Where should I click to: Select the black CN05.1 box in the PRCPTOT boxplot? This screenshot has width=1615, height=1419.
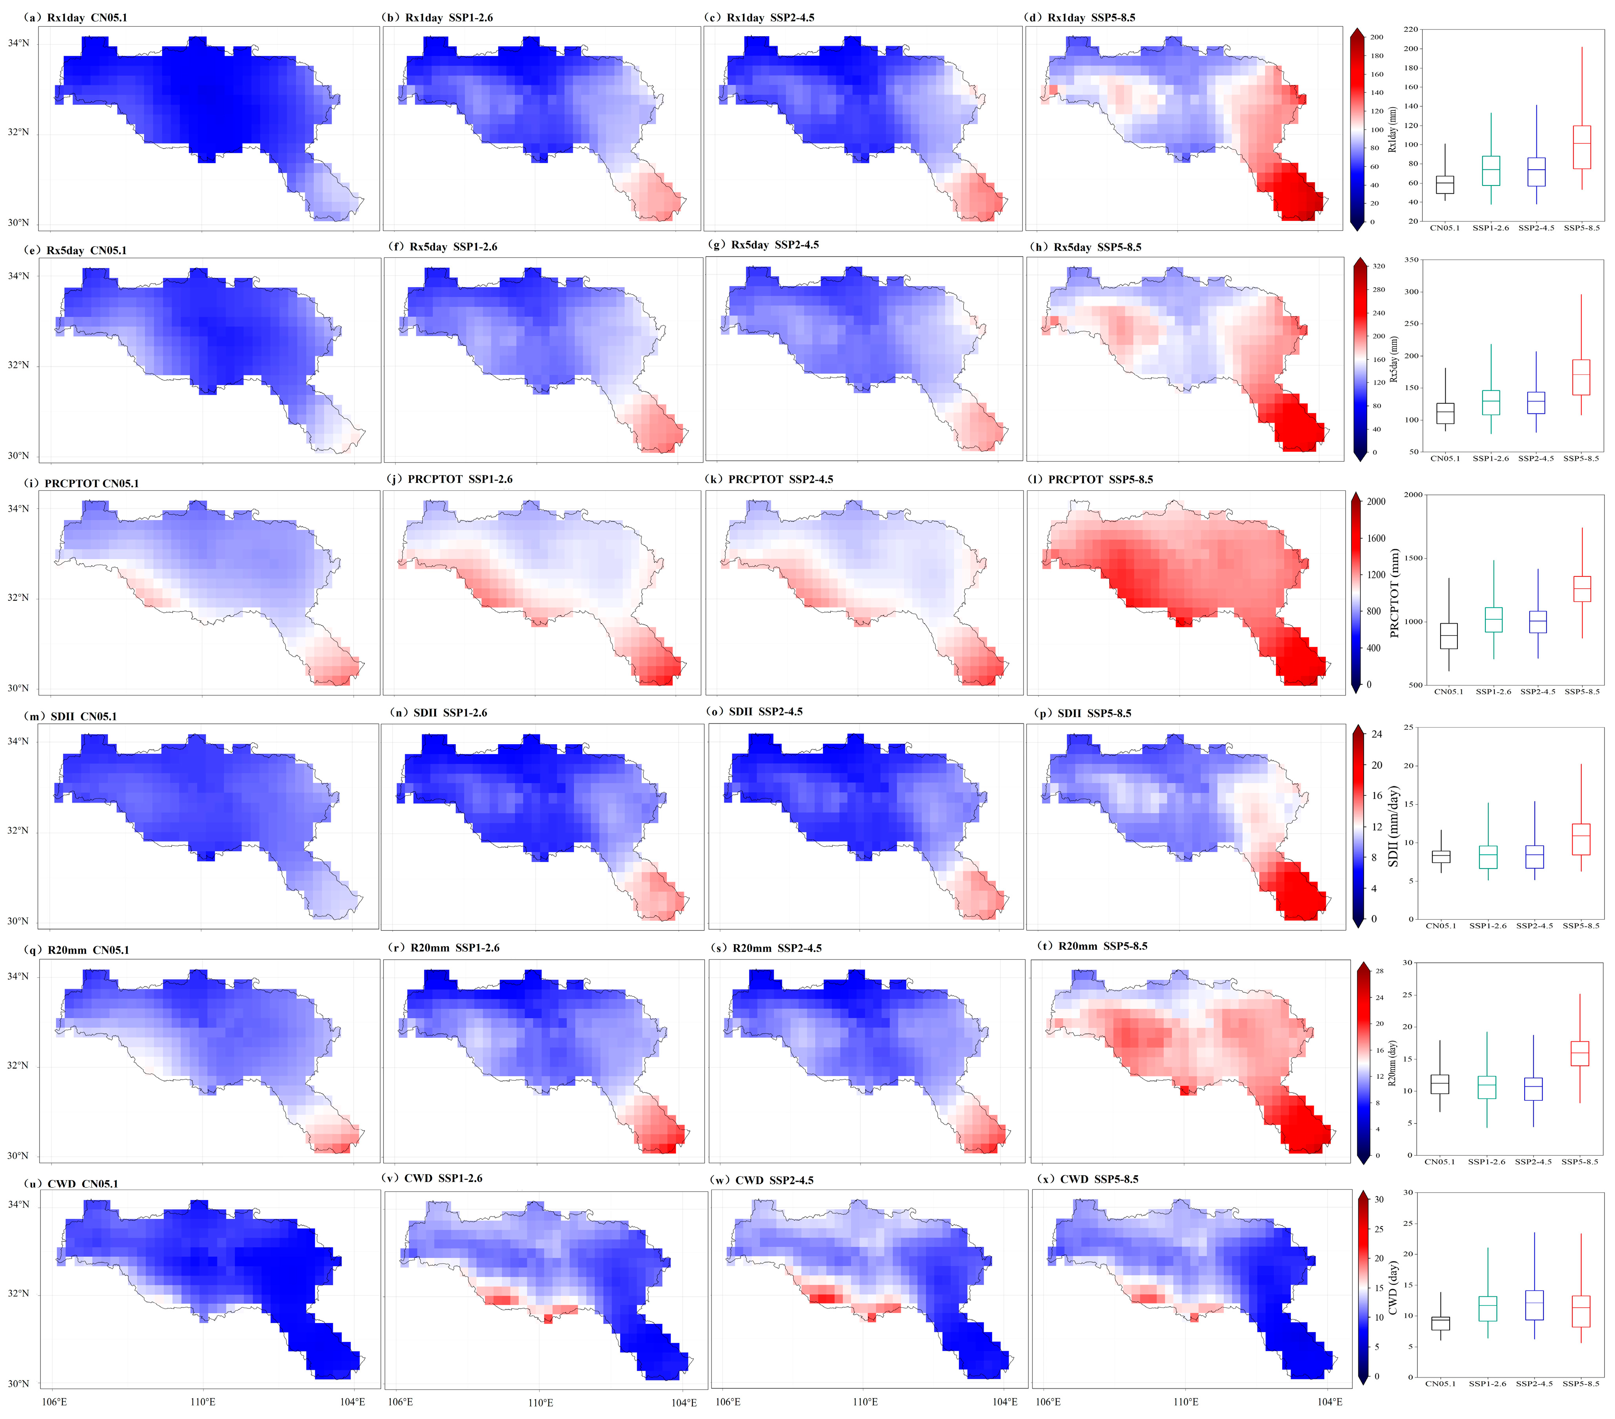coord(1448,636)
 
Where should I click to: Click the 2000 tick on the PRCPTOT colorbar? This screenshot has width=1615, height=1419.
coord(1376,502)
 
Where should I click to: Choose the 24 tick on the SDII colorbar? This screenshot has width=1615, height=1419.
coord(1376,734)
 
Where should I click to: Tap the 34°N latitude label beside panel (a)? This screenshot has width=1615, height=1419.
coord(18,44)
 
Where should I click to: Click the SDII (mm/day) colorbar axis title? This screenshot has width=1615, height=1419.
coord(1394,826)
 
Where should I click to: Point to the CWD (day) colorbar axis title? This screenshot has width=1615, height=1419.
coord(1393,1288)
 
